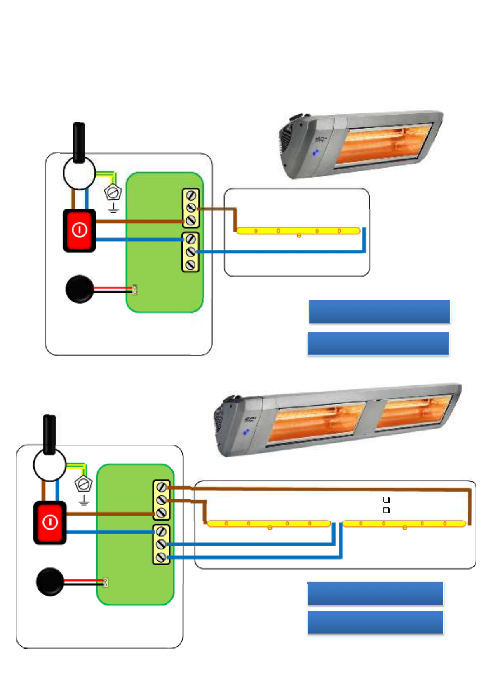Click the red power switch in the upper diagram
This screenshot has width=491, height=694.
click(x=79, y=230)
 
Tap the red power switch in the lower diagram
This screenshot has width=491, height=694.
click(x=50, y=523)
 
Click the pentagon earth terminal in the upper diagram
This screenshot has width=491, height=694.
click(x=113, y=192)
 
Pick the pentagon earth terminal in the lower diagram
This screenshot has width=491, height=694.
click(x=84, y=484)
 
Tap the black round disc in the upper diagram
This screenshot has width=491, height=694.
click(x=80, y=289)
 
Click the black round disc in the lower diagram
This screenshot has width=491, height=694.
click(x=50, y=581)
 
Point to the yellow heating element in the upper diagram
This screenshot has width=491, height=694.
click(x=298, y=231)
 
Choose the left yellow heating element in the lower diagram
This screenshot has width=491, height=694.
click(x=268, y=523)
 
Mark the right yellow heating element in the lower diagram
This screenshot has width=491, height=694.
click(x=404, y=523)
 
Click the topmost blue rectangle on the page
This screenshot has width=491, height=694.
click(x=379, y=311)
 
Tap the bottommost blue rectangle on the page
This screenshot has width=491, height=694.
click(x=375, y=622)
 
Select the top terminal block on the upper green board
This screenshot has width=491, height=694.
click(x=191, y=208)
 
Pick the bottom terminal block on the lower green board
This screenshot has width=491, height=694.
click(x=161, y=544)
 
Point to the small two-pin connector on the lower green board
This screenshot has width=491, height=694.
click(x=105, y=583)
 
